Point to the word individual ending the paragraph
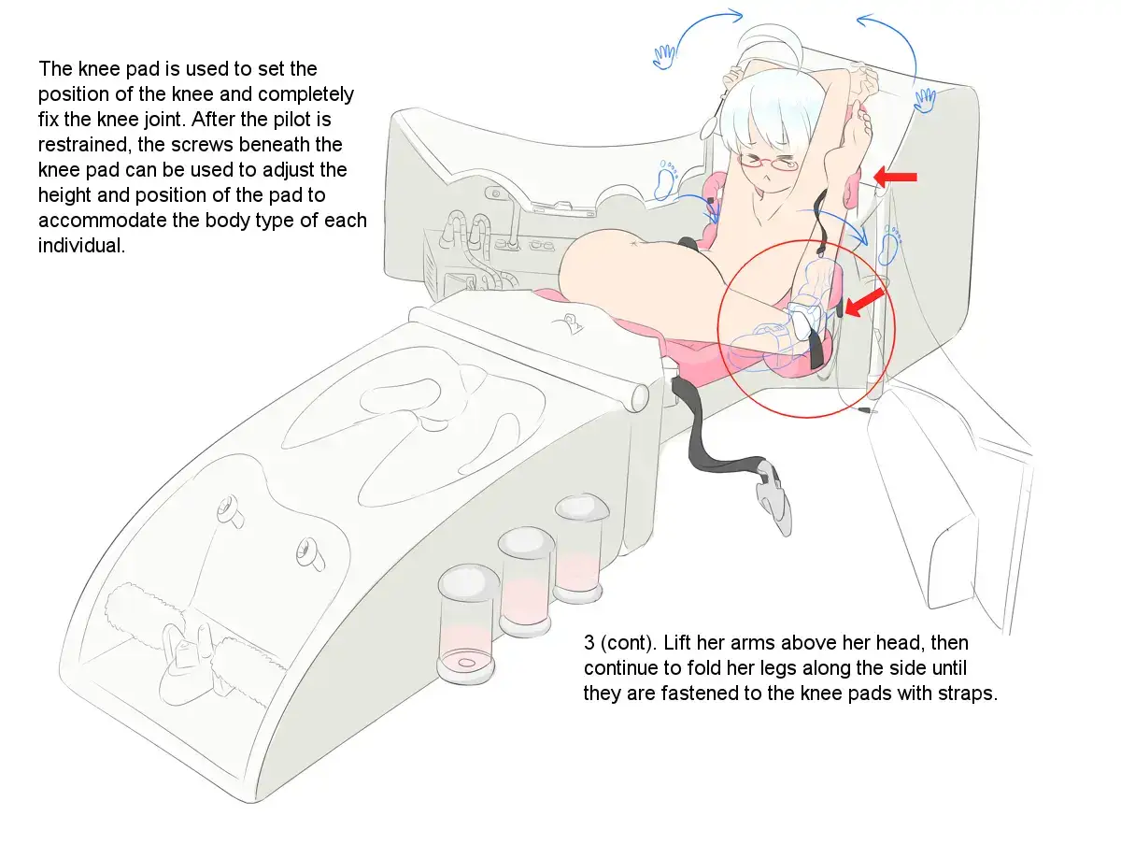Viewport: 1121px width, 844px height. click(x=81, y=246)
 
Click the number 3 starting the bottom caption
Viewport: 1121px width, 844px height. click(x=589, y=643)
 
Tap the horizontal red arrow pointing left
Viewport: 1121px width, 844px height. click(x=895, y=177)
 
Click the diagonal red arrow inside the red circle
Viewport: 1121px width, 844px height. click(x=865, y=302)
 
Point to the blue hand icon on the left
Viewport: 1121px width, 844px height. click(x=664, y=57)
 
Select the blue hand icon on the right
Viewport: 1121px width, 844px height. click(x=925, y=100)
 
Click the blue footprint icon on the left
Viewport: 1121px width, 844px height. click(x=666, y=181)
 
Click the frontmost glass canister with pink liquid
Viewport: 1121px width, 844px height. click(x=467, y=624)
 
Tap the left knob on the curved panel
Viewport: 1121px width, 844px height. click(x=229, y=510)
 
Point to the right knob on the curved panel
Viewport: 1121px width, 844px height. click(x=310, y=554)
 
